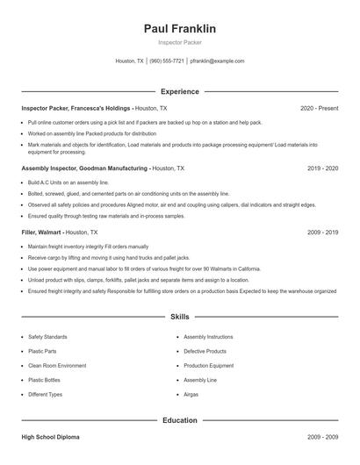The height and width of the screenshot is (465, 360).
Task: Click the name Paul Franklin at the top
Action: pos(179,29)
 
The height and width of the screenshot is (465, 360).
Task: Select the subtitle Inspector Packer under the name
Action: pos(179,42)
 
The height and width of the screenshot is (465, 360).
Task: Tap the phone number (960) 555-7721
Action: pos(167,61)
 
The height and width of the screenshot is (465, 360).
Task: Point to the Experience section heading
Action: pos(179,91)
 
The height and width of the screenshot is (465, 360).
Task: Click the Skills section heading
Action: pos(179,316)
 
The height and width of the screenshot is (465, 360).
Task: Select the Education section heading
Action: pos(179,420)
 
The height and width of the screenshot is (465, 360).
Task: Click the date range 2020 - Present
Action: pos(319,108)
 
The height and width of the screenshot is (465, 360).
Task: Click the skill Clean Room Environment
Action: pos(57,365)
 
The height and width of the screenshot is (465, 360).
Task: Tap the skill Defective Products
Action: pos(205,351)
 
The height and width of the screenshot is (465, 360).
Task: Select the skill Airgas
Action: pos(192,395)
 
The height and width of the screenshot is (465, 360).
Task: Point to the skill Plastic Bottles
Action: pos(46,380)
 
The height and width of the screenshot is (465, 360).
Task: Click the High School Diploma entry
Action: pos(52,436)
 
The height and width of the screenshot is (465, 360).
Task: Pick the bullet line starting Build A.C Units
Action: pos(61,182)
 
